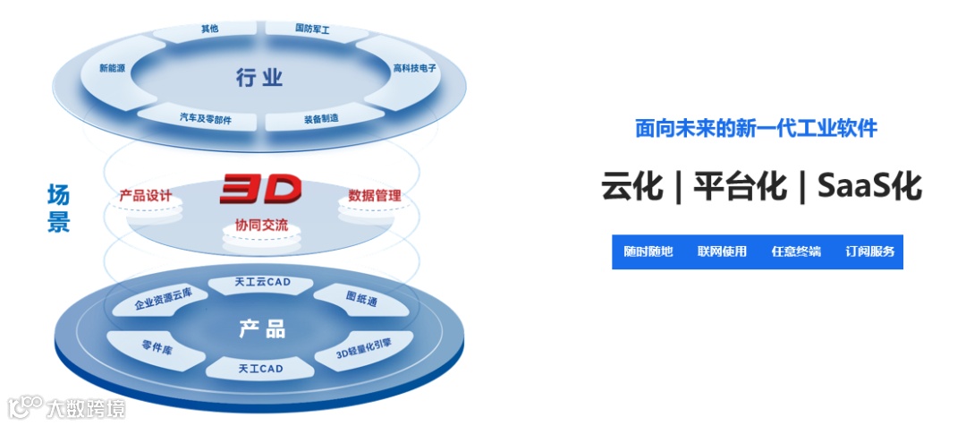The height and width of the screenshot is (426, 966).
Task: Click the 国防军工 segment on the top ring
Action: click(x=312, y=29)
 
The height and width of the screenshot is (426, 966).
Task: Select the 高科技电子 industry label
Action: click(x=415, y=68)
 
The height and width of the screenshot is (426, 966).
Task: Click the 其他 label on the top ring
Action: click(x=210, y=29)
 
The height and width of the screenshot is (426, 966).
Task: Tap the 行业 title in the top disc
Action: click(x=259, y=78)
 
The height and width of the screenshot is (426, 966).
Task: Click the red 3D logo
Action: click(x=260, y=190)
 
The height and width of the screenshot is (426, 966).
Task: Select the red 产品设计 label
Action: click(x=146, y=196)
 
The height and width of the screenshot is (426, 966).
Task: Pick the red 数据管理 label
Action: click(x=374, y=196)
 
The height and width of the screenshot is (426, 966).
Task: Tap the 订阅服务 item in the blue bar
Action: click(x=869, y=251)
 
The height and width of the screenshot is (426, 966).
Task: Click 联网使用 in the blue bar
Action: click(x=722, y=251)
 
